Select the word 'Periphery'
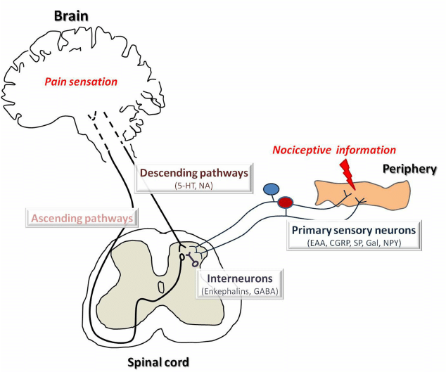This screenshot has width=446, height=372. click(x=409, y=169)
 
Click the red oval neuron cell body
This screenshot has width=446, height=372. click(x=285, y=203)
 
